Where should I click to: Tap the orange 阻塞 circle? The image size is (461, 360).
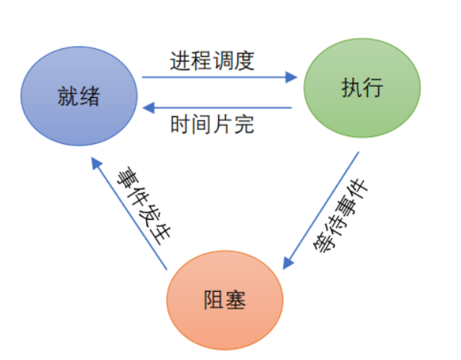(x=225, y=297)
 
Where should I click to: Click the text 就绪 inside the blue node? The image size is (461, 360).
(x=80, y=97)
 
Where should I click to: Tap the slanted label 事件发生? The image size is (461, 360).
(x=142, y=204)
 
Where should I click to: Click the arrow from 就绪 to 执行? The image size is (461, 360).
(x=218, y=77)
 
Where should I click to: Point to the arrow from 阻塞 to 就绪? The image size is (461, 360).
(x=128, y=213)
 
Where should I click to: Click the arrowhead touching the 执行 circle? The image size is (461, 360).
(x=292, y=77)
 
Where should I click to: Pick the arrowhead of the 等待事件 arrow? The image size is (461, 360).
(x=286, y=263)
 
